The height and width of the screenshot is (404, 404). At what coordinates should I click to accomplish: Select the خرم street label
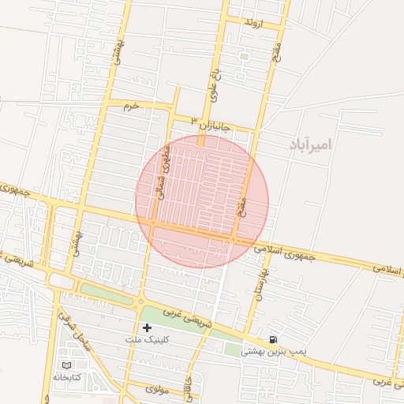pyautogui.click(x=131, y=105)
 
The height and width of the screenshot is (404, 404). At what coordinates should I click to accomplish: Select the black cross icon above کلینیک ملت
pyautogui.click(x=147, y=327)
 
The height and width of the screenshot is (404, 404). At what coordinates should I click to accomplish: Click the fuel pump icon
pyautogui.click(x=273, y=339)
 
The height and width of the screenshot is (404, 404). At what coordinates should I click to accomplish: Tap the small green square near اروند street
pyautogui.click(x=244, y=56)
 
